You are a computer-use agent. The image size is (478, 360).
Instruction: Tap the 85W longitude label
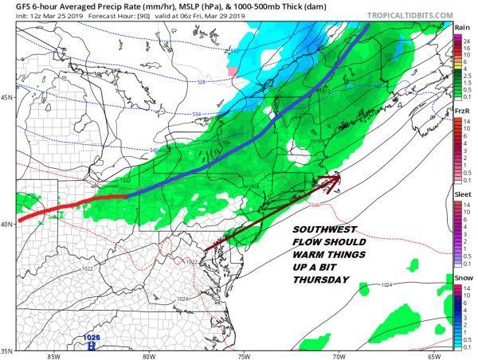[53, 355]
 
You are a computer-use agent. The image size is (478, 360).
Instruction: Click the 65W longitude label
[435, 355]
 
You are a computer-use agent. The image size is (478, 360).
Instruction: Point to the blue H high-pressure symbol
[92, 346]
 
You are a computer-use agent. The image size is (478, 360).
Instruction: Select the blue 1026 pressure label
[92, 338]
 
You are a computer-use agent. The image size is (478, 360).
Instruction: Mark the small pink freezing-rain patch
[233, 72]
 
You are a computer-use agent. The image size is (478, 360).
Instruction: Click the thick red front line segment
[72, 204]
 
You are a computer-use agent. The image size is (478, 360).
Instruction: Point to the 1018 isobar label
[254, 186]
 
